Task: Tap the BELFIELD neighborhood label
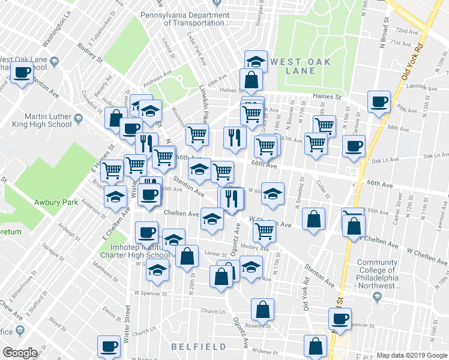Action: (x=199, y=347)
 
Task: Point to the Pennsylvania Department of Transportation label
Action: (x=185, y=19)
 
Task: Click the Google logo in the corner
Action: (x=19, y=352)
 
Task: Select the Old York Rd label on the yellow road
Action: (x=413, y=61)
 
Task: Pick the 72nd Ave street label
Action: (x=406, y=31)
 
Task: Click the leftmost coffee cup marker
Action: (x=22, y=73)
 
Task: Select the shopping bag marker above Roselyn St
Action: (x=262, y=309)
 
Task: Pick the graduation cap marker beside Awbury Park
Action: (x=113, y=196)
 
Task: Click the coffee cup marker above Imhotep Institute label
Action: (x=146, y=232)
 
